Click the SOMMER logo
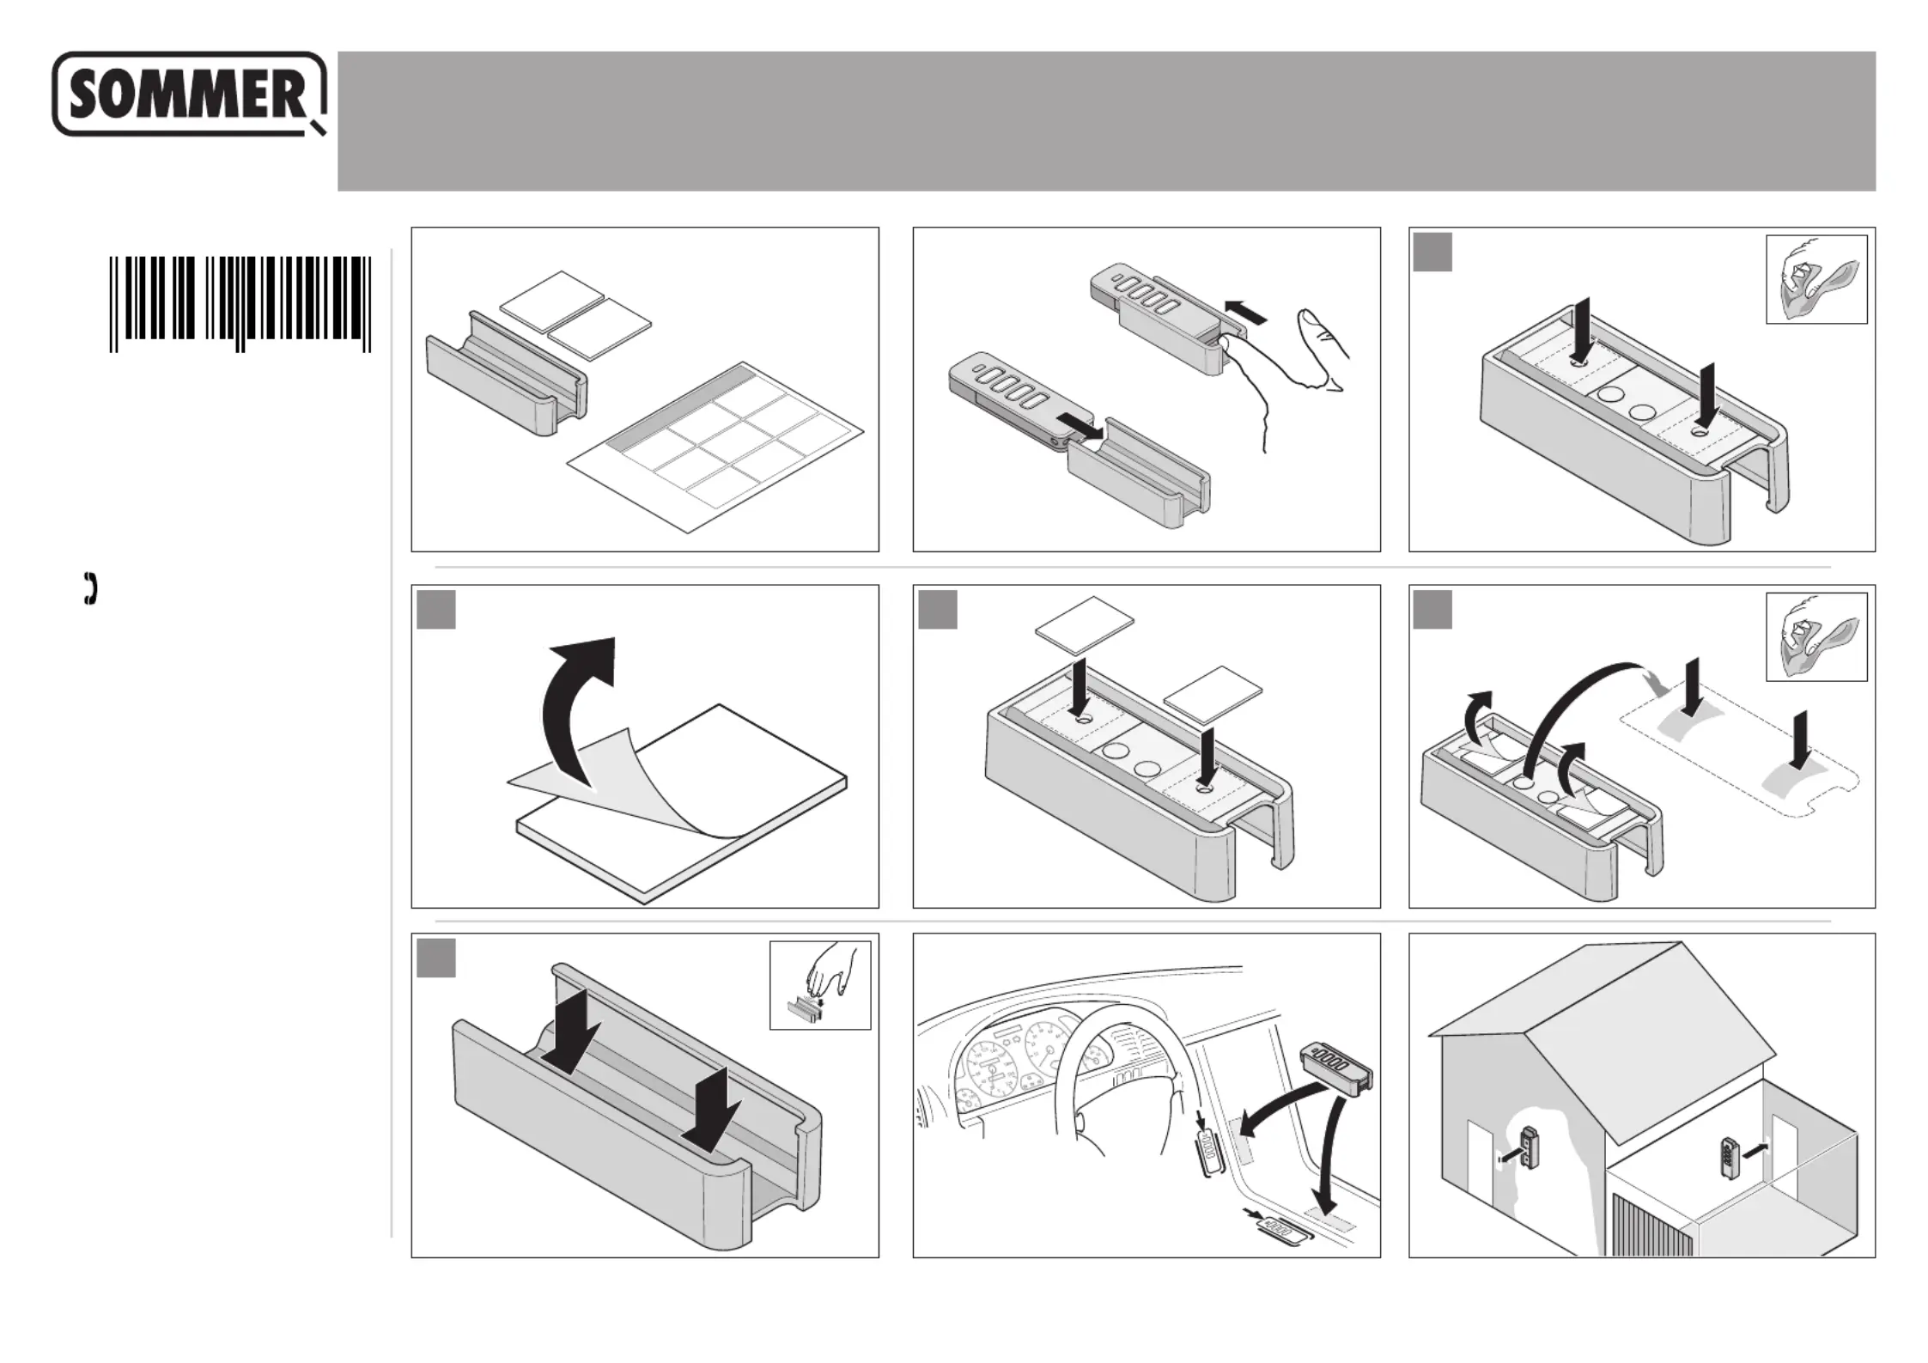point(189,94)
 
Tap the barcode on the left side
point(240,303)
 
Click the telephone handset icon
point(90,588)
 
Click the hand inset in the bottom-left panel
point(820,985)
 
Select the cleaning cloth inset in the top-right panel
point(1816,279)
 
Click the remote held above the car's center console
point(1336,1069)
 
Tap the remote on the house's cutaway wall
point(1530,1147)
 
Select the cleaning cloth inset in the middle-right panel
point(1816,636)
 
